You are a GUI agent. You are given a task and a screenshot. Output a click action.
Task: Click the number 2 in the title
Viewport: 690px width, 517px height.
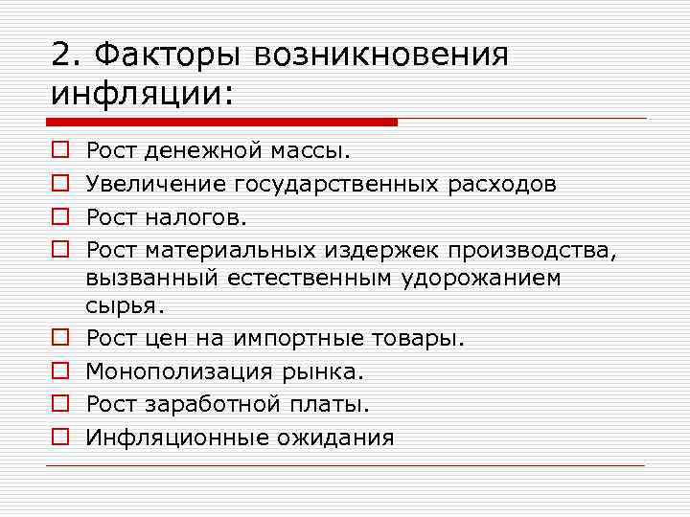62,56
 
